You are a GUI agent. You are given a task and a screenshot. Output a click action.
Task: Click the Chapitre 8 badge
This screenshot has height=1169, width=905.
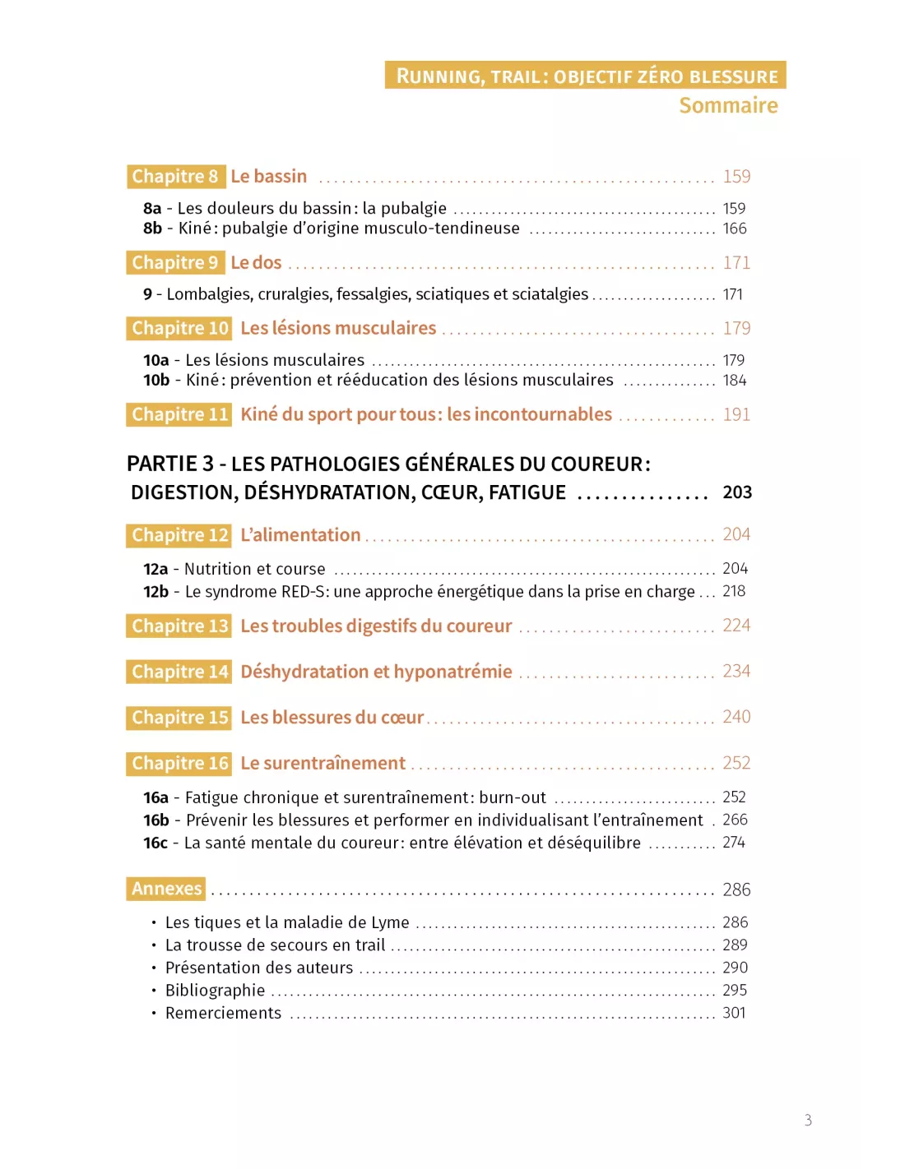175,177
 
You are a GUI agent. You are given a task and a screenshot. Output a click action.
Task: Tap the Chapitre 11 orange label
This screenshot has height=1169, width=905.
179,414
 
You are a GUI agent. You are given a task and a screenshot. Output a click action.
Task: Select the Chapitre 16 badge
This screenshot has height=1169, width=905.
179,764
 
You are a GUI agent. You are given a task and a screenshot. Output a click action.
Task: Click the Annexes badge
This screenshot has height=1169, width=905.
166,889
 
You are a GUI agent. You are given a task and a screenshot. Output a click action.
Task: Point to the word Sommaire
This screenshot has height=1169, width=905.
728,105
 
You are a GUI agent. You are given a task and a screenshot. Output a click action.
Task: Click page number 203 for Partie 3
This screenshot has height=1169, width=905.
737,492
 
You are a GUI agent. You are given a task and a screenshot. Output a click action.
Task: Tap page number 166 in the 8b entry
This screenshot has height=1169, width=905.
735,229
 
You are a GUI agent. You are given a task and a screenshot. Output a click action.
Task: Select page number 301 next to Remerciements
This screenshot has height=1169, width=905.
734,1013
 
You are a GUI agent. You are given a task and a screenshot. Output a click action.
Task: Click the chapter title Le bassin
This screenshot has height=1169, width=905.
268,177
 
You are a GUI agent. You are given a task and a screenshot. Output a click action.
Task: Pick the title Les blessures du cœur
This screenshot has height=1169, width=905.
332,718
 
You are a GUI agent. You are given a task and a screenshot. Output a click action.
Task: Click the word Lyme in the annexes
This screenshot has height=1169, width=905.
389,922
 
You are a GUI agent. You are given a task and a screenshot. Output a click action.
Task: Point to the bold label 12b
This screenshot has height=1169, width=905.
155,592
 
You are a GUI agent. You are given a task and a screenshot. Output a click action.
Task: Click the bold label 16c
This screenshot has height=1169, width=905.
155,843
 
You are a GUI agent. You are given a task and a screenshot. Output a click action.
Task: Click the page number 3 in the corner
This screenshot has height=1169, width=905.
808,1120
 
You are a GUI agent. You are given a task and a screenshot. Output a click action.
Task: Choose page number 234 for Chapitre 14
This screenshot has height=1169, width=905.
736,672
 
